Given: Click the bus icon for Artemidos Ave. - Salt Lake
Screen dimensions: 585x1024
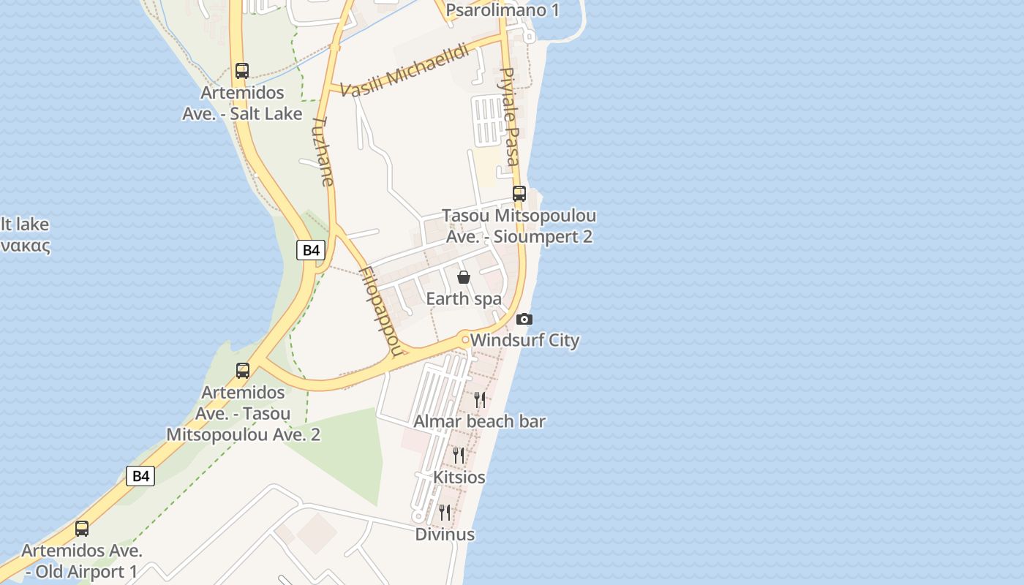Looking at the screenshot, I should click(x=242, y=71).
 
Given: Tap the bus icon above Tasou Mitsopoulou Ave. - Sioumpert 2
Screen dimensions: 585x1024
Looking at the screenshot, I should click(x=519, y=194).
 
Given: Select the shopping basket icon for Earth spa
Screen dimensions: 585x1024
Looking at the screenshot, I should click(x=463, y=277).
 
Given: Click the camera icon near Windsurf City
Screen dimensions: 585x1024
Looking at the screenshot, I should click(x=524, y=320).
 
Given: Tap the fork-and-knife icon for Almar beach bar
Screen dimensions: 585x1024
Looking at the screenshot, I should click(x=480, y=399).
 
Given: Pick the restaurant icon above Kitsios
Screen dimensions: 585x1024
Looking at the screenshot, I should click(x=459, y=455).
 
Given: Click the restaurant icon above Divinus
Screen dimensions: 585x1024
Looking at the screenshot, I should click(x=445, y=512).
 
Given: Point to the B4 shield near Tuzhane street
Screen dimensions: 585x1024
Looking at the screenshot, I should click(x=312, y=250).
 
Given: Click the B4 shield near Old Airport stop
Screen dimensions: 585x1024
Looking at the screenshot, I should click(x=140, y=476).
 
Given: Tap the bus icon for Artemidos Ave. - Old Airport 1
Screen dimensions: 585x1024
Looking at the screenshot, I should click(x=82, y=528).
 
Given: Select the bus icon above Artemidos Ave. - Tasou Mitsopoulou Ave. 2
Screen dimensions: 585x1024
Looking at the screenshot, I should click(x=243, y=371).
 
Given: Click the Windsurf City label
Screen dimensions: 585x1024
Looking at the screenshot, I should click(x=525, y=340).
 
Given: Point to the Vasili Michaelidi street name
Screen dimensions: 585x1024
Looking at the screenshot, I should click(x=405, y=74).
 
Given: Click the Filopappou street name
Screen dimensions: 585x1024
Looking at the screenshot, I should click(x=381, y=311).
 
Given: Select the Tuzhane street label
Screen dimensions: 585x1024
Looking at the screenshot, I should click(x=323, y=151).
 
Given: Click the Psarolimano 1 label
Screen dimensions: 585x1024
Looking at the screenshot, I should click(x=502, y=10).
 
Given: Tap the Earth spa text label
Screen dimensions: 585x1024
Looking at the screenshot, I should click(x=464, y=298).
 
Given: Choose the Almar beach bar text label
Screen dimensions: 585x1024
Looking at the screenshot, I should click(x=479, y=421).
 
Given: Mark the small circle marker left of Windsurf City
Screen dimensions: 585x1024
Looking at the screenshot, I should click(x=464, y=339).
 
